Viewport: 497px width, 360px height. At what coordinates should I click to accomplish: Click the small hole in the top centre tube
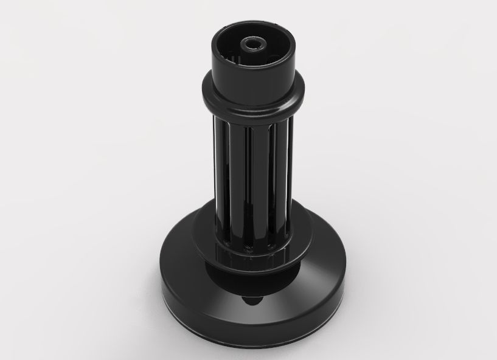tap(251, 44)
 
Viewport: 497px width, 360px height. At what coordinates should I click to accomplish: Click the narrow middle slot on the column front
tap(248, 176)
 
